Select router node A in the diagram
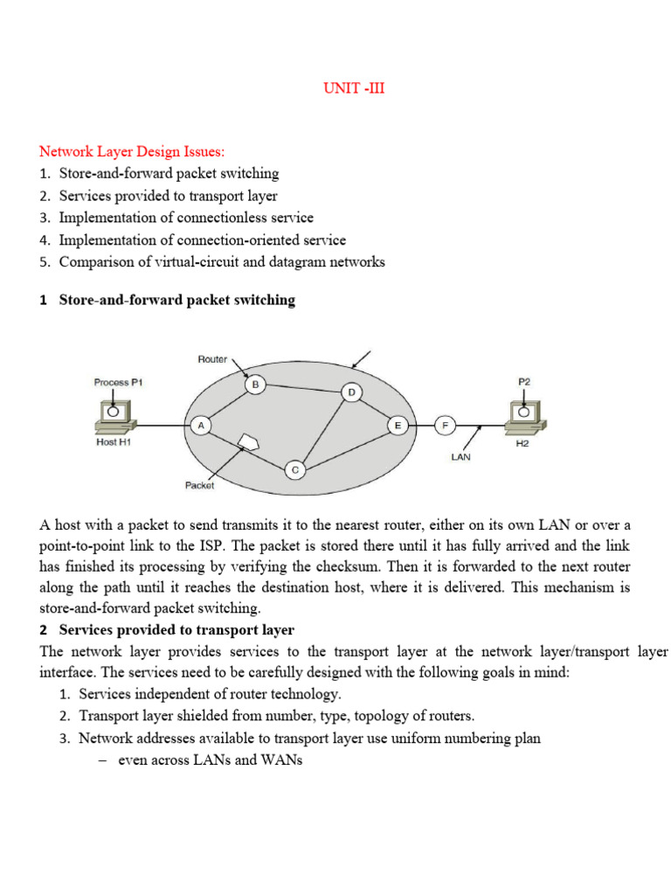coord(200,425)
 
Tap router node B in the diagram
coord(255,384)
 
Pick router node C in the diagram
coord(295,470)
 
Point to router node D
coord(351,392)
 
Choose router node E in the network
coord(398,426)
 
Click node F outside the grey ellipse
coord(445,426)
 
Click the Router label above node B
coord(212,359)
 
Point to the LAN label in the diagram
coord(460,456)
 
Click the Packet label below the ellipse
coord(199,485)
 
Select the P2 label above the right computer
coord(524,382)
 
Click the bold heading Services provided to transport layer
coord(176,629)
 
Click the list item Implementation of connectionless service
coord(186,217)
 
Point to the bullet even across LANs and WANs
coord(210,760)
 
